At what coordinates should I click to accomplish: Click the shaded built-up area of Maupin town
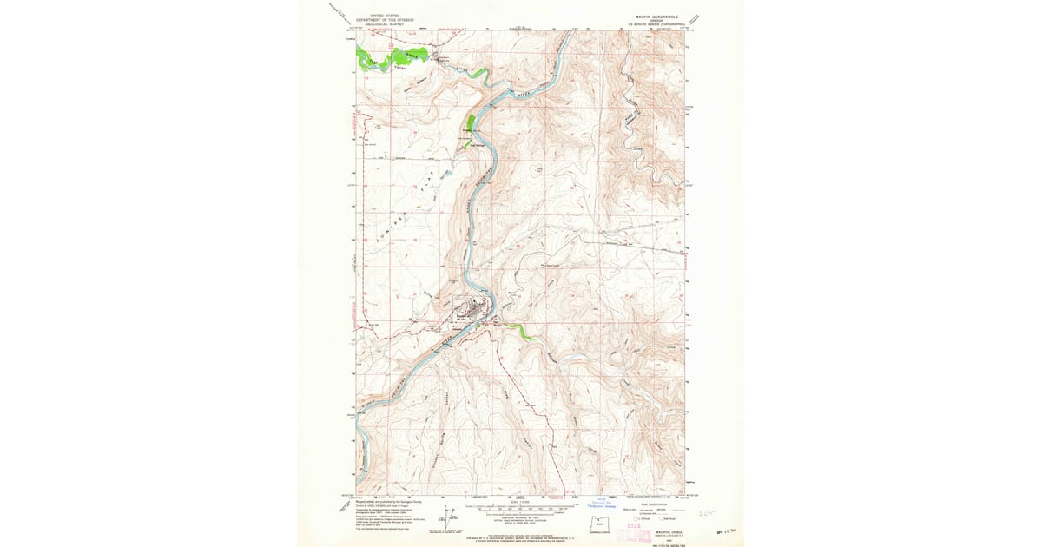470,310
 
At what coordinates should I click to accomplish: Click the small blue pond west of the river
445,174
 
